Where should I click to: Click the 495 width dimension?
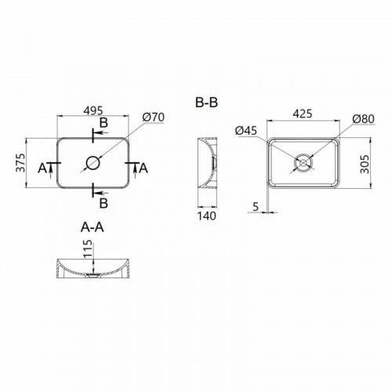pyautogui.click(x=93, y=111)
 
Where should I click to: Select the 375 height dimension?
pyautogui.click(x=21, y=163)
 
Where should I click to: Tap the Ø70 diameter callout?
pyautogui.click(x=154, y=117)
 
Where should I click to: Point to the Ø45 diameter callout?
pyautogui.click(x=246, y=130)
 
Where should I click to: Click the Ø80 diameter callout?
pyautogui.click(x=363, y=119)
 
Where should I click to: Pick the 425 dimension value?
pyautogui.click(x=303, y=114)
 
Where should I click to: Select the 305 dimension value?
pyautogui.click(x=365, y=164)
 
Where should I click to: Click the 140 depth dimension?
pyautogui.click(x=207, y=216)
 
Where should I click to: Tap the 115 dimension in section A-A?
pyautogui.click(x=88, y=249)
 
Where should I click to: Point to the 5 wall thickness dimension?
pyautogui.click(x=256, y=207)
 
